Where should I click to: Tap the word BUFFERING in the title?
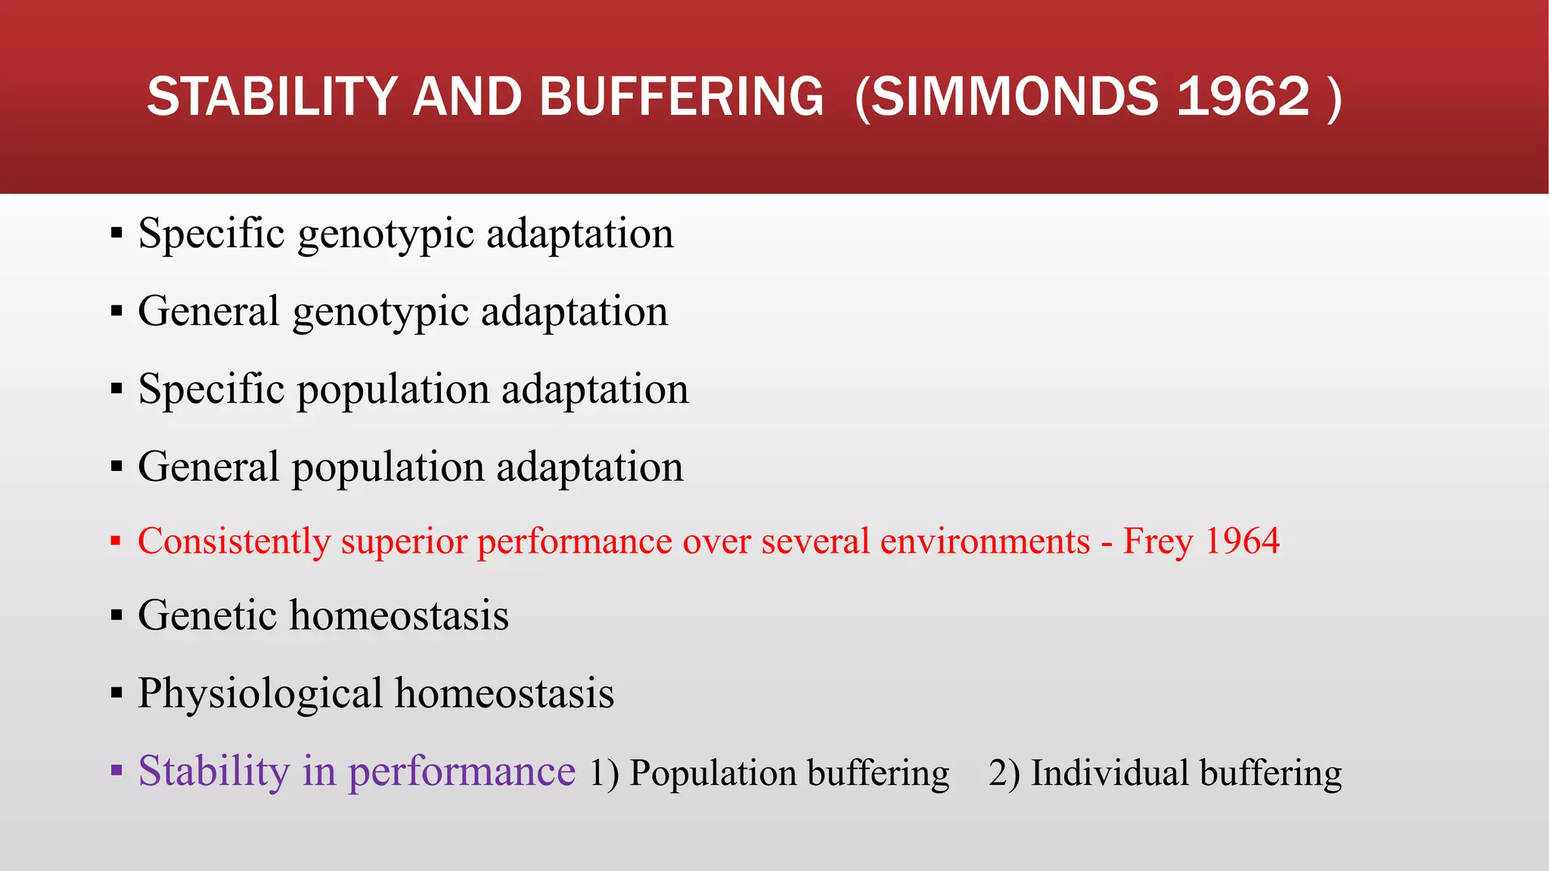(x=681, y=97)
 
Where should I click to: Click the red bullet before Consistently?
(x=116, y=541)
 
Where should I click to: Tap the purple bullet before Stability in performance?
(x=116, y=771)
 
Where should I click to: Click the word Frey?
(x=1158, y=541)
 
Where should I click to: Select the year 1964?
(x=1242, y=541)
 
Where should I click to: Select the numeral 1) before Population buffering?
(x=604, y=773)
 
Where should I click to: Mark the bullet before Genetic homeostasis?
(x=116, y=615)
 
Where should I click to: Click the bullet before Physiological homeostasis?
(x=116, y=693)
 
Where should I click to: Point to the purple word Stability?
(x=214, y=771)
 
